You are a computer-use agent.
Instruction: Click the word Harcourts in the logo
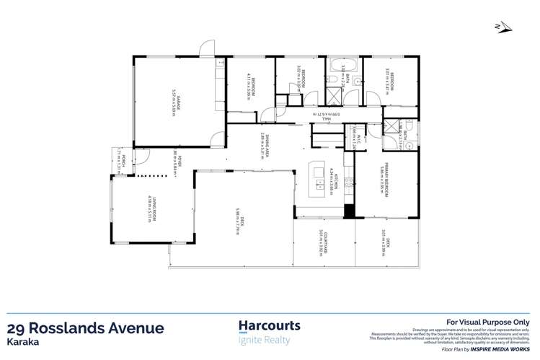point(269,327)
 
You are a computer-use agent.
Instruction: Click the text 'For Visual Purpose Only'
point(489,322)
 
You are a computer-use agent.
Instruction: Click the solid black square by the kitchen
point(349,212)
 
